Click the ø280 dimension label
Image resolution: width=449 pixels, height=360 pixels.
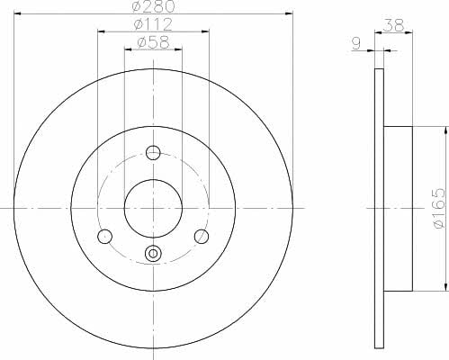point(153,6)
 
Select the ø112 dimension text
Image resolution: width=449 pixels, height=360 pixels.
point(153,24)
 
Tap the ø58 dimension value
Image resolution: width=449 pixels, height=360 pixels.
point(153,42)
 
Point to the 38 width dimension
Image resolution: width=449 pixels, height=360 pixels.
point(394,25)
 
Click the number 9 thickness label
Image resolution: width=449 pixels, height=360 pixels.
point(356,44)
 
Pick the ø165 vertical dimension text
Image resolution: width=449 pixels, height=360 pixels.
point(439,208)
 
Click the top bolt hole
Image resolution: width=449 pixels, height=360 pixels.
point(153,153)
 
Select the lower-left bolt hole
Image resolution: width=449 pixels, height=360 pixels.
point(105,237)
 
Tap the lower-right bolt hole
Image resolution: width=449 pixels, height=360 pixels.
point(202,237)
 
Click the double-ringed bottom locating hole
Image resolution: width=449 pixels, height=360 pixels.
point(153,254)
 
